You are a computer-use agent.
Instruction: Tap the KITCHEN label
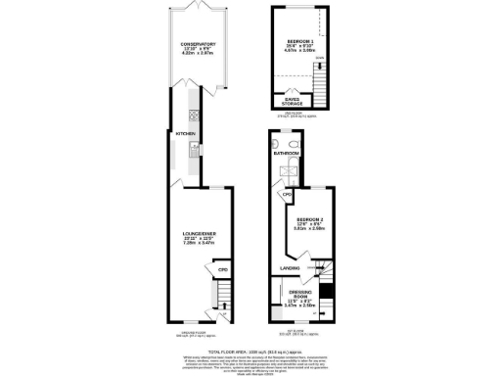point(186,133)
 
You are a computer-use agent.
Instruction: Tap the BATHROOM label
point(286,154)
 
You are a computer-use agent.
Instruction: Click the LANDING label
point(290,267)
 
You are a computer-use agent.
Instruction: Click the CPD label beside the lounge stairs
point(222,269)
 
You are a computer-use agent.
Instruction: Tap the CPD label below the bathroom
point(288,196)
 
